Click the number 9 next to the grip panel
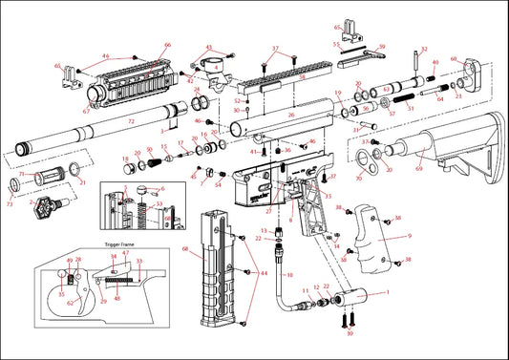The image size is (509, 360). pyautogui.click(x=409, y=235)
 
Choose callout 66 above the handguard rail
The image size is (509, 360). pyautogui.click(x=167, y=46)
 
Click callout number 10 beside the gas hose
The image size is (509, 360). pyautogui.click(x=289, y=274)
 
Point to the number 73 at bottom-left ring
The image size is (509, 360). pyautogui.click(x=10, y=204)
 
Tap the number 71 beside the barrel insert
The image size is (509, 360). pyautogui.click(x=21, y=175)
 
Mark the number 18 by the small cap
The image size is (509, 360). pyautogui.click(x=125, y=159)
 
